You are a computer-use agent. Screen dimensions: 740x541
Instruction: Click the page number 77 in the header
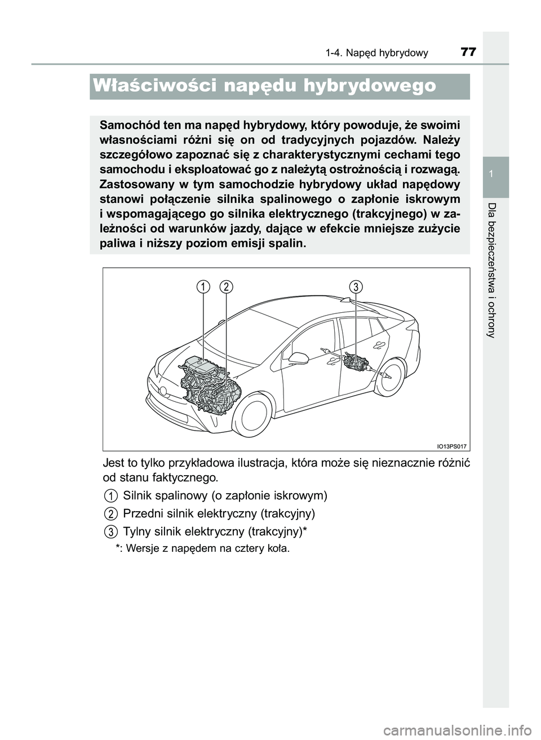click(x=468, y=52)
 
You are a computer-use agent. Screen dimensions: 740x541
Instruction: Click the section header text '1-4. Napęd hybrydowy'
click(x=376, y=53)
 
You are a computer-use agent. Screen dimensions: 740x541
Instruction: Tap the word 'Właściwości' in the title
click(x=152, y=86)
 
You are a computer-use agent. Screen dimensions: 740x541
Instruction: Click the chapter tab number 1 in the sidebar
click(x=495, y=176)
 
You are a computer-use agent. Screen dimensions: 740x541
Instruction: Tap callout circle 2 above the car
click(x=226, y=287)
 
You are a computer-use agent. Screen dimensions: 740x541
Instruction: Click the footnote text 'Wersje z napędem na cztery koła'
click(x=208, y=548)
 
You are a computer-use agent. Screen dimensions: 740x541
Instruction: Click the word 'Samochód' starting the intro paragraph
click(x=127, y=125)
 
